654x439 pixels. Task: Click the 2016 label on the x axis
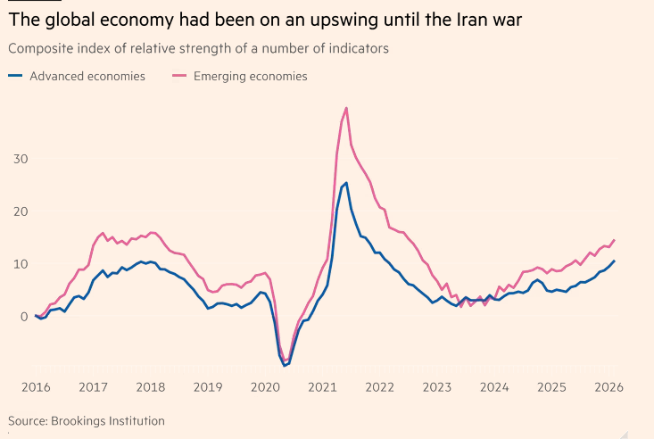36,387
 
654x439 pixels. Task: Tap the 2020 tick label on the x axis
265,387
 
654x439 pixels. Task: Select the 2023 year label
437,387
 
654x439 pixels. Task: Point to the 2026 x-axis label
608,387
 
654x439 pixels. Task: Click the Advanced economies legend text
87,77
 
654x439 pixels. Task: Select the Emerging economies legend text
251,77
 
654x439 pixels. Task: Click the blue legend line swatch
16,77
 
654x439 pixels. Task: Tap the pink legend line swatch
179,77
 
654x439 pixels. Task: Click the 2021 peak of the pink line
345,108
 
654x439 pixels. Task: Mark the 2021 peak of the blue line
346,183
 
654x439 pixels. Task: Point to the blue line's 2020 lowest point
284,365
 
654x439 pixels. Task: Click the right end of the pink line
614,240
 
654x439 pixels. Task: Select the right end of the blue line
614,261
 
